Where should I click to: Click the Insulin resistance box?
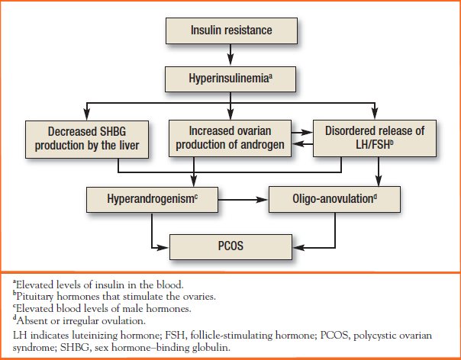click(x=231, y=31)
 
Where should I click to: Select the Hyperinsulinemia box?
click(x=230, y=79)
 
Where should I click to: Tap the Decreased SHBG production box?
click(x=87, y=140)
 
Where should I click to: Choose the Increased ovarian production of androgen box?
click(x=230, y=138)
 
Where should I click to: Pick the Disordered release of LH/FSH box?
click(x=375, y=138)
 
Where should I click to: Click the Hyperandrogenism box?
click(x=152, y=200)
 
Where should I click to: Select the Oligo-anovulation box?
click(x=334, y=199)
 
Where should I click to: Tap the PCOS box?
click(x=230, y=247)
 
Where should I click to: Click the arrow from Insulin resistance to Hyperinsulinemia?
click(x=230, y=55)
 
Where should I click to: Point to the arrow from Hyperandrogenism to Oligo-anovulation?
click(x=243, y=200)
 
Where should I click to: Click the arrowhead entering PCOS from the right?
click(x=298, y=248)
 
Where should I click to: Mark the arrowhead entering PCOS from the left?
click(x=163, y=248)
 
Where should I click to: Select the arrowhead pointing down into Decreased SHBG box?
click(x=87, y=114)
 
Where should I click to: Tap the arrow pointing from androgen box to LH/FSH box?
click(x=302, y=133)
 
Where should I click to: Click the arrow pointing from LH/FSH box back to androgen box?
click(x=302, y=144)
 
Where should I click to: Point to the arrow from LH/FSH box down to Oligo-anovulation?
click(x=379, y=172)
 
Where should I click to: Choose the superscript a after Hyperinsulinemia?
click(x=270, y=76)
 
